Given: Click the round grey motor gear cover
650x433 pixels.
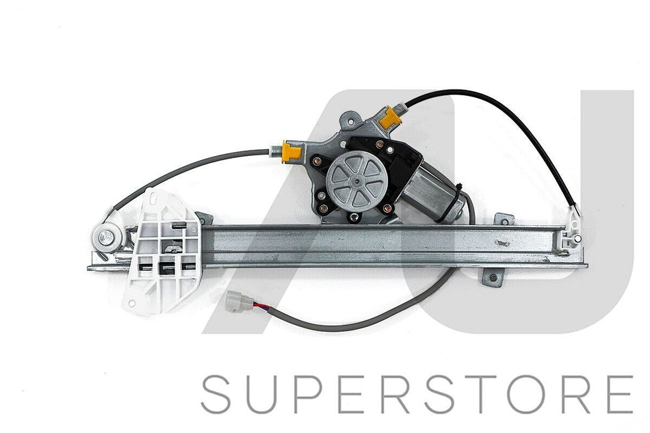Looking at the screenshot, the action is tap(356, 181).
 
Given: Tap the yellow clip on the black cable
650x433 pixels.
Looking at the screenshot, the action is tap(390, 116).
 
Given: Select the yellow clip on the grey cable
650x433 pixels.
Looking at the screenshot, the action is tap(291, 152).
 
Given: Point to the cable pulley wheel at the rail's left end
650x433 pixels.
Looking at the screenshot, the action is tap(107, 238).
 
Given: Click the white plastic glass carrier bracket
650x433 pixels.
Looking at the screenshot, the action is tap(162, 251).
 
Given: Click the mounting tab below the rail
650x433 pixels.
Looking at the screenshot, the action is tap(492, 277).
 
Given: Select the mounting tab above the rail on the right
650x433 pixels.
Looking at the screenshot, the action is tap(504, 219).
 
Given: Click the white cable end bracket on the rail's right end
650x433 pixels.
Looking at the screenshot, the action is tap(571, 233).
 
